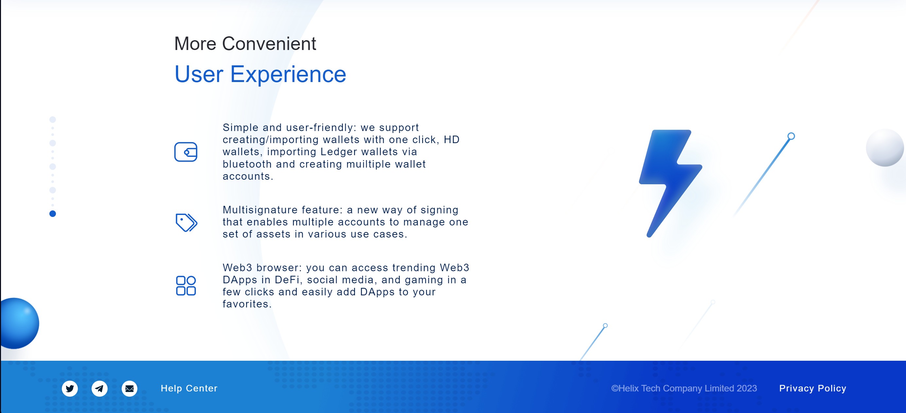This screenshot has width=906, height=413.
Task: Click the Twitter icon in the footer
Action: click(70, 388)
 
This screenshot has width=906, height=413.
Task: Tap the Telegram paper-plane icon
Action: click(99, 388)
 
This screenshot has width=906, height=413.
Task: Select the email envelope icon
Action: click(130, 388)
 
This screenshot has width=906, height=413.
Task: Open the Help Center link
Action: click(189, 388)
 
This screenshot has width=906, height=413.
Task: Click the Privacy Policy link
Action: click(812, 388)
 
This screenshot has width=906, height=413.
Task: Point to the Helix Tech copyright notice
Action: click(684, 388)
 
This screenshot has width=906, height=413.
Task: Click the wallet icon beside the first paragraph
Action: click(186, 152)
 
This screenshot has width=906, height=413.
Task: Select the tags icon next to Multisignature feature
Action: click(186, 223)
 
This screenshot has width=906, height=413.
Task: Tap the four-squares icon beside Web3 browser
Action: click(186, 286)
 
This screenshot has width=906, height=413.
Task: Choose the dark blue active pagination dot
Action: click(53, 214)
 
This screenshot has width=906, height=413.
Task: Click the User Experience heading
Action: click(260, 74)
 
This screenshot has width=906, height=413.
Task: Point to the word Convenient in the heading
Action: click(269, 43)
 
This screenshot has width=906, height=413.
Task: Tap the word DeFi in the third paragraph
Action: click(288, 280)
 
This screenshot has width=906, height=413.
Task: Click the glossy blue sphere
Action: click(20, 323)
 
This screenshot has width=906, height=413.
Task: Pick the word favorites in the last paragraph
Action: click(247, 304)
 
